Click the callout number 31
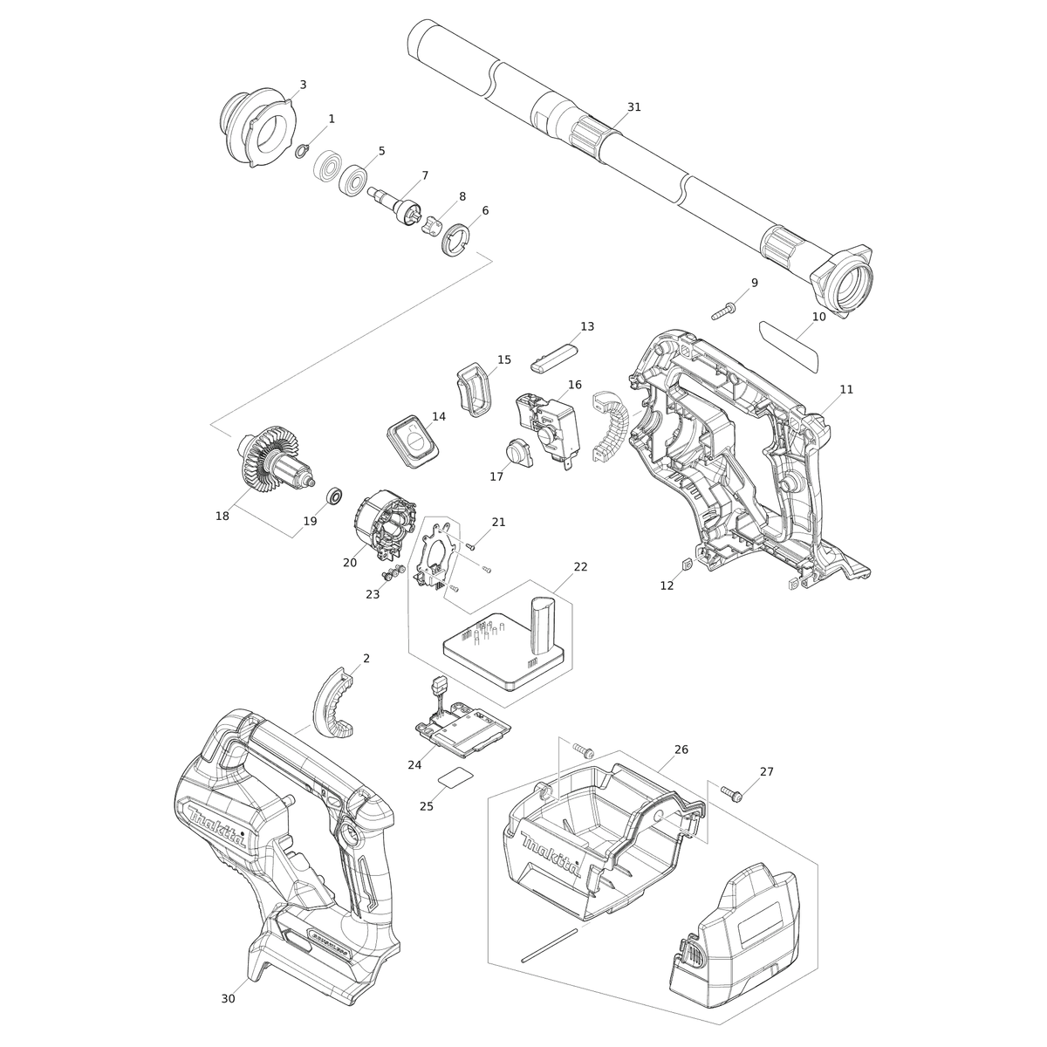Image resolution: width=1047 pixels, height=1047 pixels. pyautogui.click(x=634, y=107)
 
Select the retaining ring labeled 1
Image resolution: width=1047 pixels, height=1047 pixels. pyautogui.click(x=303, y=151)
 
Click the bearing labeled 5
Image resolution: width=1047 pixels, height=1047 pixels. pyautogui.click(x=353, y=180)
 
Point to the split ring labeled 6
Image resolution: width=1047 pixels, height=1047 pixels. pyautogui.click(x=455, y=238)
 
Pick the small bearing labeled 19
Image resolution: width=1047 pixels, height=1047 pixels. pyautogui.click(x=333, y=496)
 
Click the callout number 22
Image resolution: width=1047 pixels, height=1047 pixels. pyautogui.click(x=580, y=567)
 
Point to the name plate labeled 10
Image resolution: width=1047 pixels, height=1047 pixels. pyautogui.click(x=789, y=346)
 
